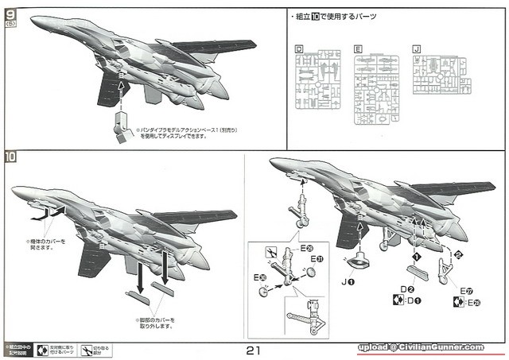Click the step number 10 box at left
[11, 157]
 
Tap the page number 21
[254, 349]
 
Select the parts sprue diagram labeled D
[317, 79]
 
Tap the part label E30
[260, 277]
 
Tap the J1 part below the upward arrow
[356, 260]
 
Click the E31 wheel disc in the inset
[309, 273]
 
